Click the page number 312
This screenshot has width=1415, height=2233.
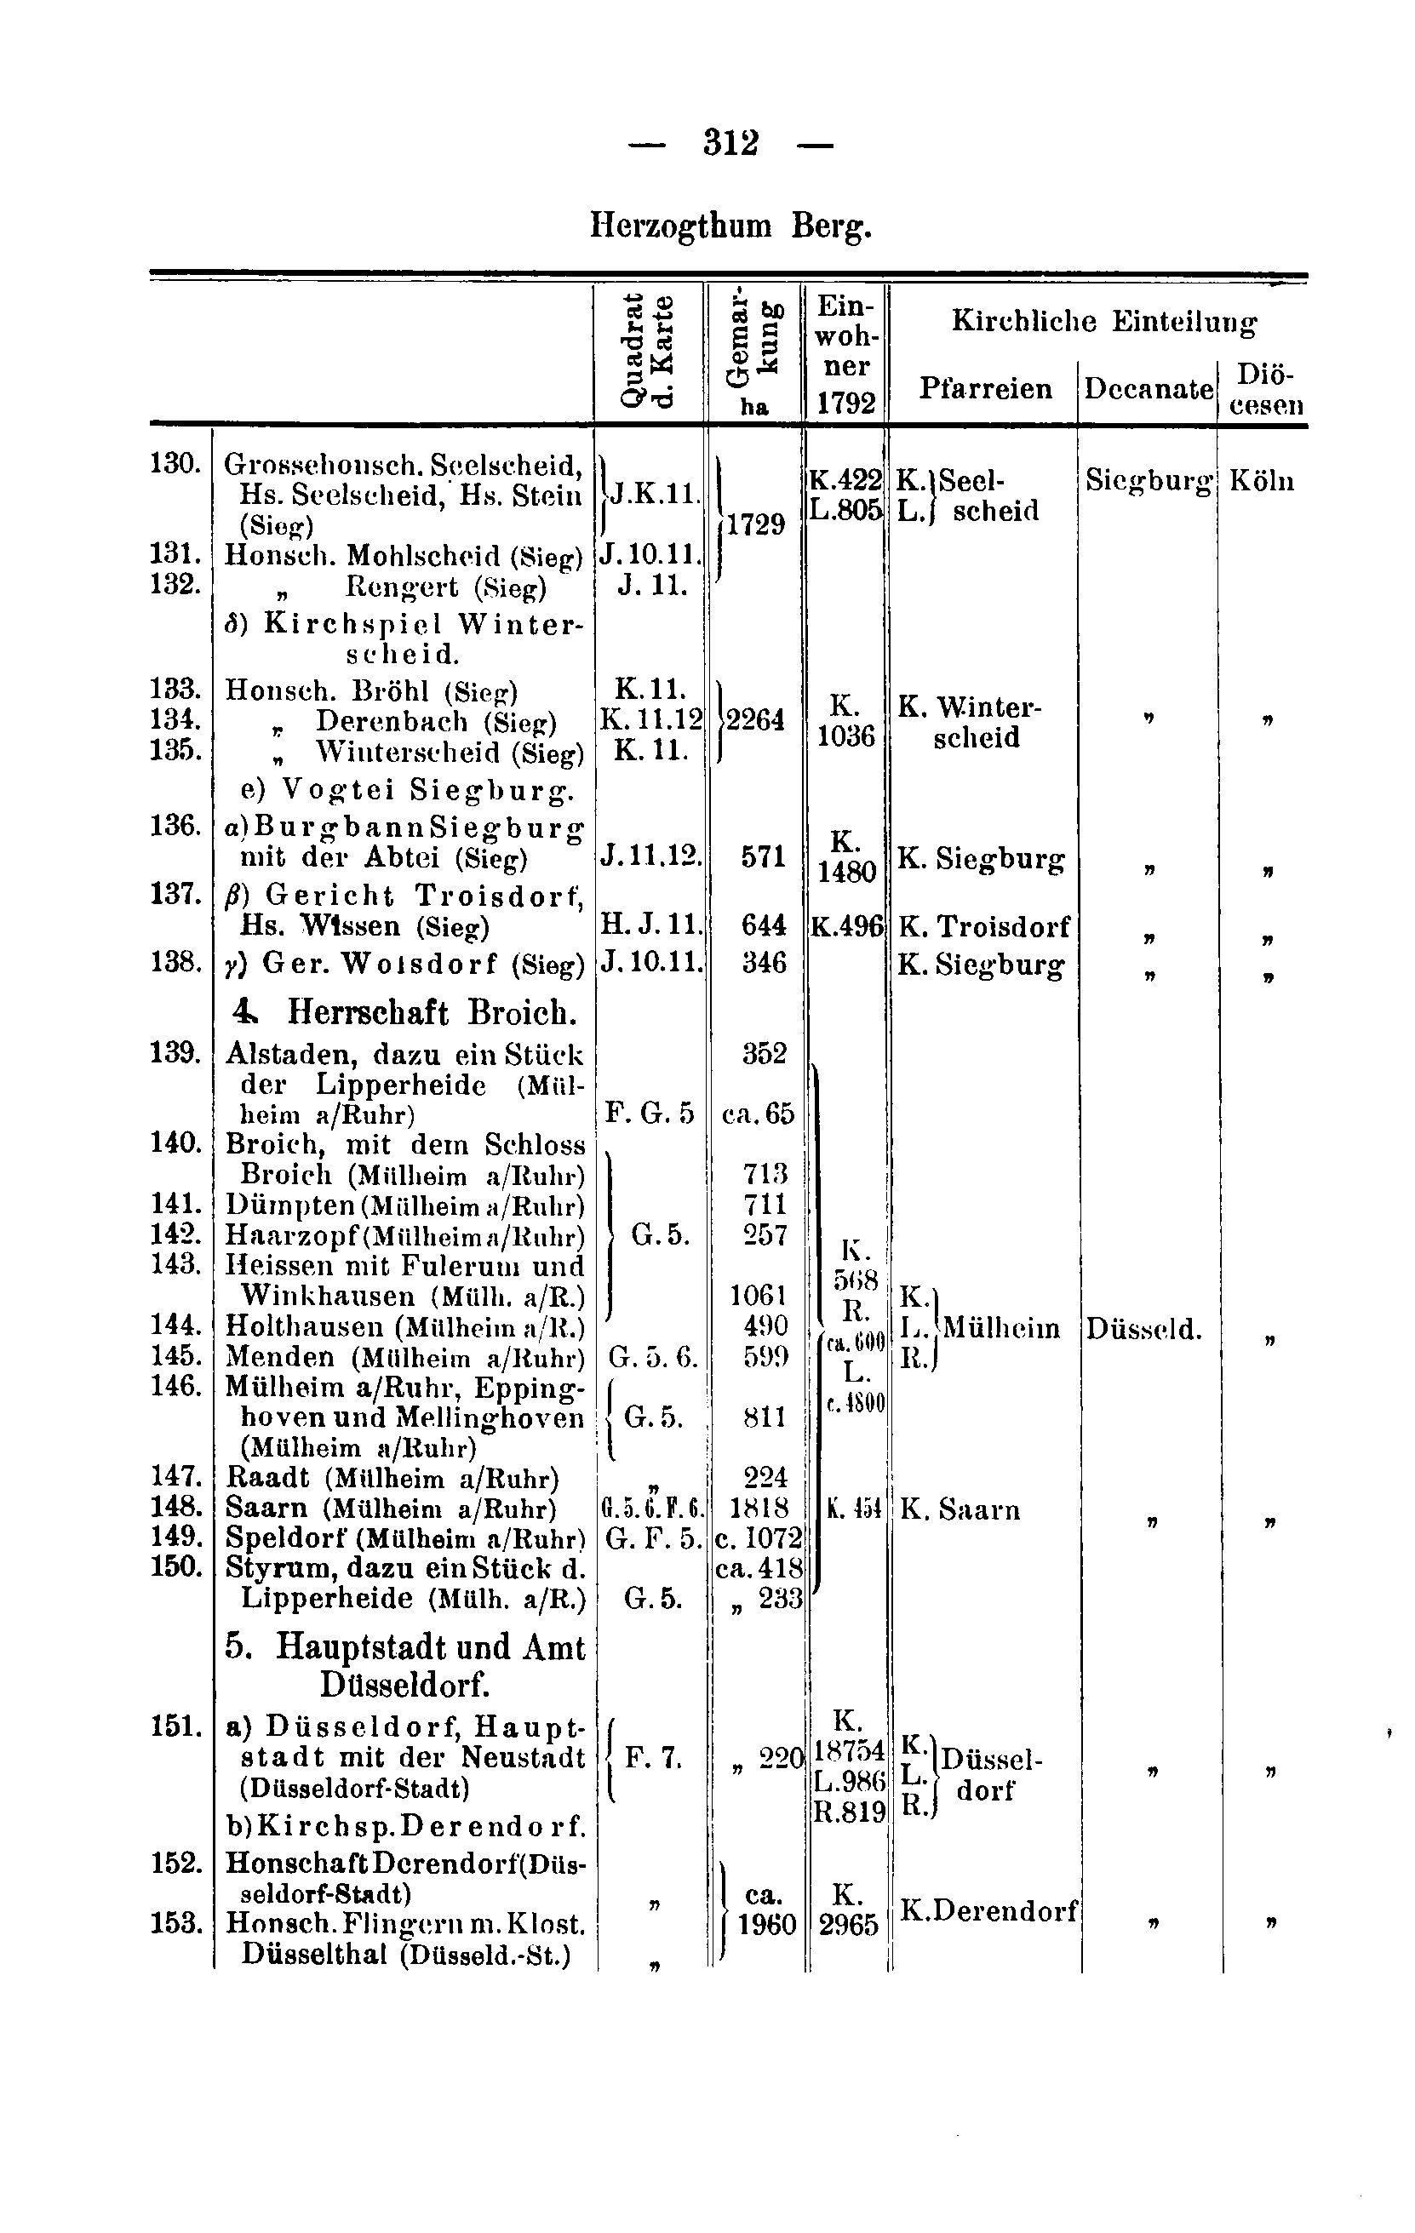click(730, 144)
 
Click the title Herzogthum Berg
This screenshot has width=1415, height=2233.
click(730, 226)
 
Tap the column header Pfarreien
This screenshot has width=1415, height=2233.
click(985, 387)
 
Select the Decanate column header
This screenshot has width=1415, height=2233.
click(1148, 388)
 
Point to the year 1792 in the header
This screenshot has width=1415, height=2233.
click(845, 404)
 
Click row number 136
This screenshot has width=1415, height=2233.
click(176, 825)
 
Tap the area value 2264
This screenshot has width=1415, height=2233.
click(756, 719)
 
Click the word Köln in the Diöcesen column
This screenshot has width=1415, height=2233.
click(1261, 481)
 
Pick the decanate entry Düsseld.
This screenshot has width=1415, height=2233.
click(1143, 1330)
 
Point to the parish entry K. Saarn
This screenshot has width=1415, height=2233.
click(960, 1509)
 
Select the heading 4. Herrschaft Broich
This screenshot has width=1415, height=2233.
click(405, 1011)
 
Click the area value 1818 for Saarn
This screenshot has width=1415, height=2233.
click(765, 1507)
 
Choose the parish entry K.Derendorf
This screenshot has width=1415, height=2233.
click(988, 1910)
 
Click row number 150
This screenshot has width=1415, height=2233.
click(176, 1567)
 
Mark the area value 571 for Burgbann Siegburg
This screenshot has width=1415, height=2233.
click(763, 856)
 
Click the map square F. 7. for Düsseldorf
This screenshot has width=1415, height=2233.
click(654, 1757)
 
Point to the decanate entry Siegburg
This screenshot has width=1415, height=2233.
click(1149, 481)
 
